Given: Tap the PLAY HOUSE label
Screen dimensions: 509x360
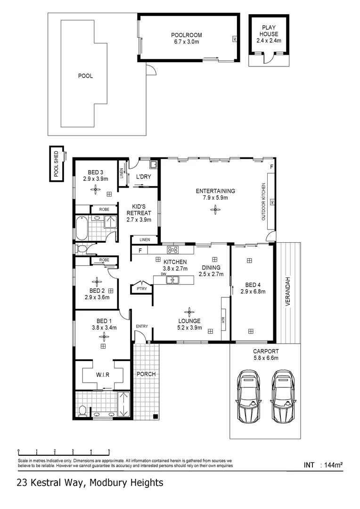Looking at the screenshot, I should coord(267,31).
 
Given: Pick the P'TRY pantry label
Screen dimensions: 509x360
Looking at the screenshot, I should coord(140,288).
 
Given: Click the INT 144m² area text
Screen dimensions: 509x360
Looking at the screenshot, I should coord(323,465).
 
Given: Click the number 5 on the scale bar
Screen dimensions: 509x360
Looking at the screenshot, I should coord(109,451).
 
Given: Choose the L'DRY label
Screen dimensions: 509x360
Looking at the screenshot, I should coord(142,177).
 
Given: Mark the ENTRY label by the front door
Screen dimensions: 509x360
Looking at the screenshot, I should coord(141,326).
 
